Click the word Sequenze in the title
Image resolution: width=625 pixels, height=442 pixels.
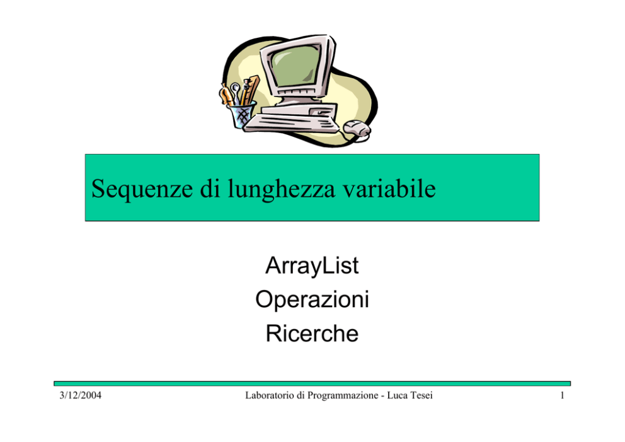(142, 189)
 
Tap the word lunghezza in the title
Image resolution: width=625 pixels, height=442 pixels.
(282, 189)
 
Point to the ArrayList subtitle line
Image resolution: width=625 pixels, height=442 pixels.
(312, 265)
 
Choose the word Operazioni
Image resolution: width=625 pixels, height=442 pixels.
(312, 300)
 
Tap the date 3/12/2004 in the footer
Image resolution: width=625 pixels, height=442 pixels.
(81, 395)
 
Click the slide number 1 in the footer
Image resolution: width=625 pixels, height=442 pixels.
(562, 395)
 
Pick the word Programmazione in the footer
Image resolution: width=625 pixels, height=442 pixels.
(343, 396)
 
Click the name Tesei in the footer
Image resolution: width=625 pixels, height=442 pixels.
(421, 395)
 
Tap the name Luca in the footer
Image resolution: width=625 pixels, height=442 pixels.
(397, 395)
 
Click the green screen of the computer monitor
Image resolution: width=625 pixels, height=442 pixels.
(295, 66)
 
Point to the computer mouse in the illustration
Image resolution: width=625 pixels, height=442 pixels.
(357, 129)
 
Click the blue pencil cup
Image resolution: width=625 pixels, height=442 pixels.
(241, 115)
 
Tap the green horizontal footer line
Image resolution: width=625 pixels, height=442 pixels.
(312, 383)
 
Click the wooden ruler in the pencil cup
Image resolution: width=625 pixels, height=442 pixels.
(250, 90)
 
